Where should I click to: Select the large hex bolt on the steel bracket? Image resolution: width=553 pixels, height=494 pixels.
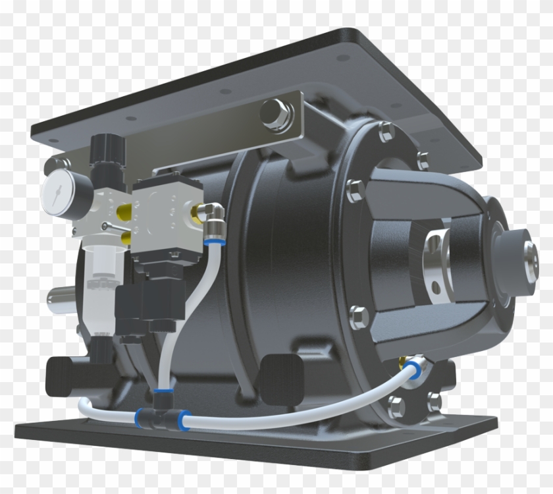pyautogui.click(x=273, y=113)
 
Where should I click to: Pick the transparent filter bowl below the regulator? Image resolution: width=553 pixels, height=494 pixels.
pyautogui.click(x=99, y=277)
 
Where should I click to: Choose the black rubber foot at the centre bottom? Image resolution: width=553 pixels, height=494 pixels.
pyautogui.click(x=280, y=375)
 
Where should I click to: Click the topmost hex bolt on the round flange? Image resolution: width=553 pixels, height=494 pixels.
pyautogui.click(x=384, y=130)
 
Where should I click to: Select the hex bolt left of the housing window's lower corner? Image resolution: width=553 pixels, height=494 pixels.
pyautogui.click(x=358, y=317)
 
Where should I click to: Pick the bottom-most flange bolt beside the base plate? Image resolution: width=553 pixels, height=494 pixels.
pyautogui.click(x=397, y=406)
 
